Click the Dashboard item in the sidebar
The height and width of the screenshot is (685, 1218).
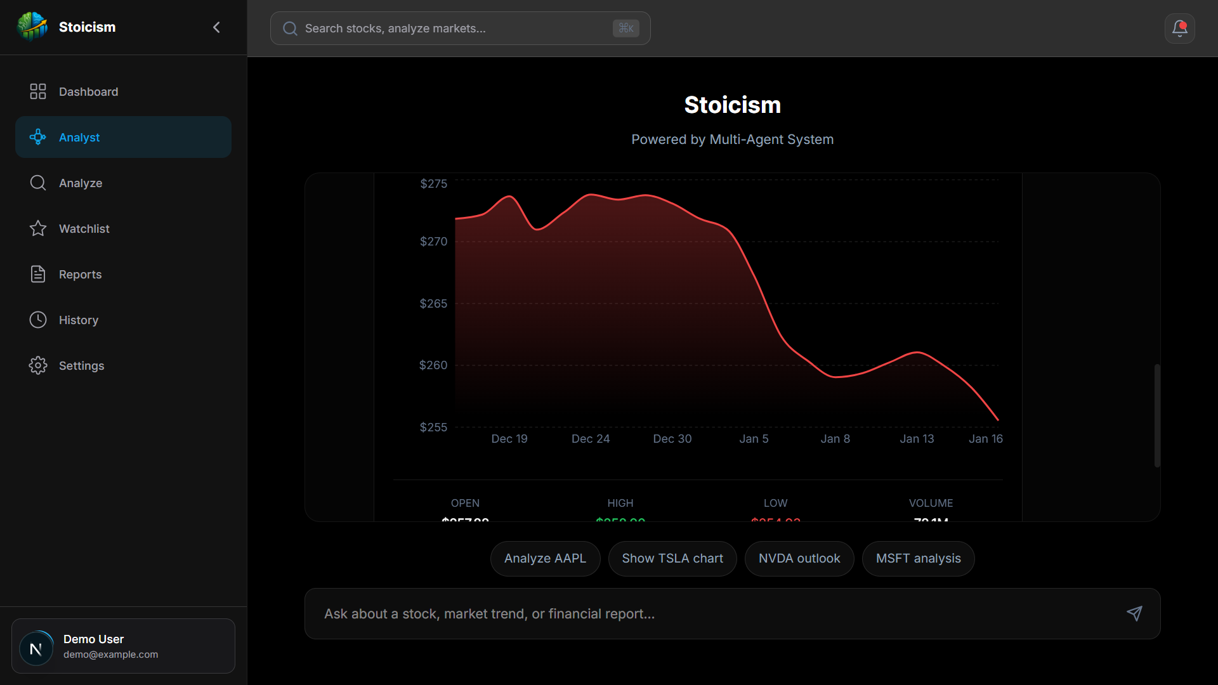point(88,92)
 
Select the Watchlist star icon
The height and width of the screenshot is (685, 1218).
point(38,228)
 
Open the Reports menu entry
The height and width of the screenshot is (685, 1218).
point(80,275)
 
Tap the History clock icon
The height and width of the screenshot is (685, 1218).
point(38,320)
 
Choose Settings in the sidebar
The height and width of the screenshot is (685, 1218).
point(81,366)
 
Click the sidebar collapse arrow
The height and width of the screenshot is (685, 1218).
point(216,27)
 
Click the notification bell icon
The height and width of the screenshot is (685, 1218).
point(1179,29)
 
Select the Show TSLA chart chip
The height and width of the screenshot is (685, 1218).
point(672,559)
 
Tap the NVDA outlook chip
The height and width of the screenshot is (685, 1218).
point(799,559)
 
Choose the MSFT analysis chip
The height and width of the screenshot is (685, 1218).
point(918,559)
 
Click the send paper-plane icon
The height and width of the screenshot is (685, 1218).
point(1134,613)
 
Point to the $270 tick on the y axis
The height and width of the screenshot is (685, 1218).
point(433,242)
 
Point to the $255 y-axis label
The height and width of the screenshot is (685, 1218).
point(433,427)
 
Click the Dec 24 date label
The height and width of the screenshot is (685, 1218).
point(590,439)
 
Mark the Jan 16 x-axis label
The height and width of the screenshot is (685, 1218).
point(985,439)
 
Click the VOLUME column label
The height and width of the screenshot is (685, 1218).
point(931,503)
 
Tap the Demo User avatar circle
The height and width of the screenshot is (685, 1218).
point(36,648)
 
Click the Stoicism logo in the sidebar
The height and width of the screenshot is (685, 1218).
point(32,27)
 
